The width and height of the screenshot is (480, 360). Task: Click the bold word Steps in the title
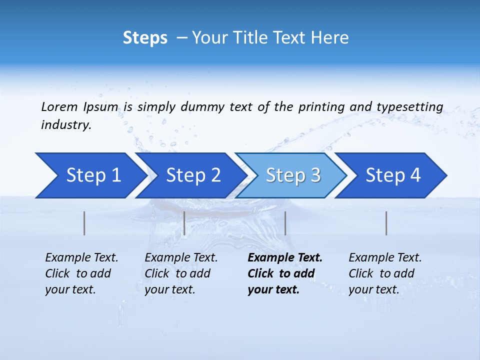145,37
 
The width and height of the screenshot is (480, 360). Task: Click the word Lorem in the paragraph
59,106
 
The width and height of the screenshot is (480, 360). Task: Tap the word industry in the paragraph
65,125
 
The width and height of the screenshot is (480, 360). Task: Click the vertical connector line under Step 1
84,223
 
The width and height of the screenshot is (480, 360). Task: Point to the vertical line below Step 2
184,223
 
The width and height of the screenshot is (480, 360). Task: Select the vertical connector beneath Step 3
285,223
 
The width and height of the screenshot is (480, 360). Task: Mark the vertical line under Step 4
386,223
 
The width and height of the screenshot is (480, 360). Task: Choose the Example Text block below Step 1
81,273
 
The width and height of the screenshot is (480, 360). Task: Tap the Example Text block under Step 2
181,273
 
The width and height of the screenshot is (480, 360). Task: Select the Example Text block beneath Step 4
385,273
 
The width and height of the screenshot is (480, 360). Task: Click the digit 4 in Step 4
414,175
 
